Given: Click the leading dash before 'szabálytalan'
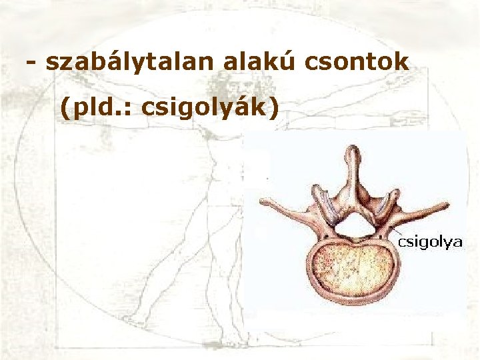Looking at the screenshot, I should click(31, 63).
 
